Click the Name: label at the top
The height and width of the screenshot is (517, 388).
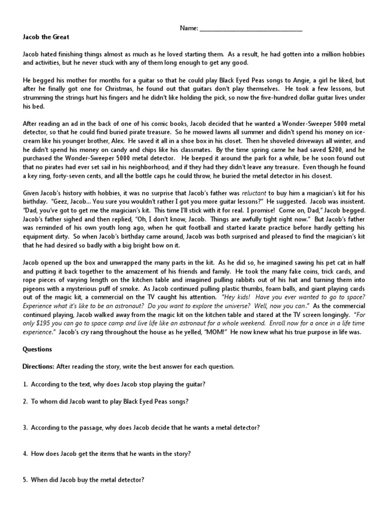pyautogui.click(x=189, y=29)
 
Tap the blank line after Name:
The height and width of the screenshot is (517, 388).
pyautogui.click(x=251, y=29)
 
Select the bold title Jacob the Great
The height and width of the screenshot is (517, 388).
pyautogui.click(x=46, y=37)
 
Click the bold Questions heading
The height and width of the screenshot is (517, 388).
pyautogui.click(x=38, y=349)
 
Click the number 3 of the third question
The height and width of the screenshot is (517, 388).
pyautogui.click(x=25, y=428)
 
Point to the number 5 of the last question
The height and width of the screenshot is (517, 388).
pyautogui.click(x=25, y=480)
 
